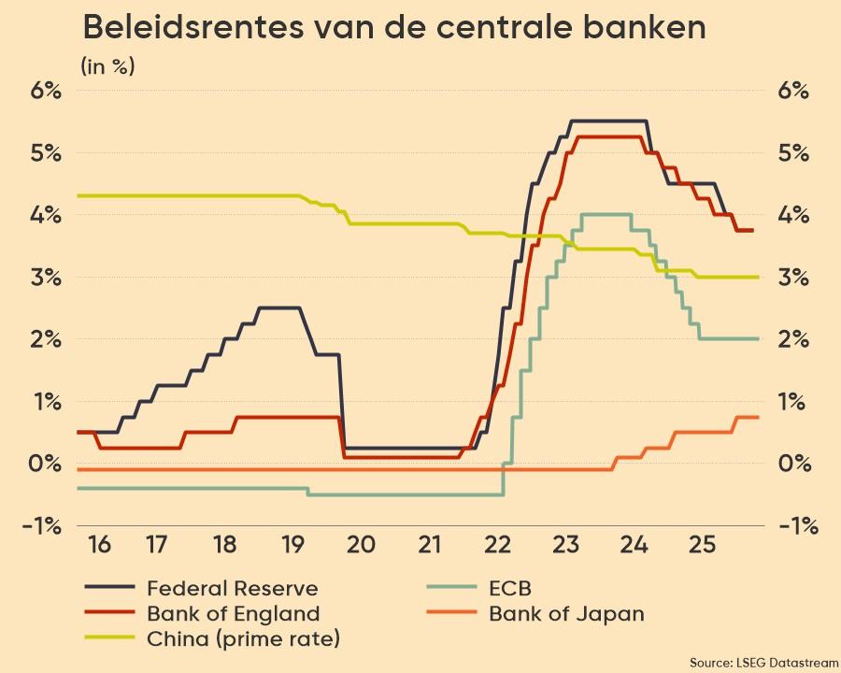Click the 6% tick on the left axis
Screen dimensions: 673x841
[45, 91]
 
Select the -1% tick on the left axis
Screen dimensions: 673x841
[43, 525]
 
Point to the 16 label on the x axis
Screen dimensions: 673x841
[100, 545]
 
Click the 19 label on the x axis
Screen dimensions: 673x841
[292, 545]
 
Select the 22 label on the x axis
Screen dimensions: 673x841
[498, 545]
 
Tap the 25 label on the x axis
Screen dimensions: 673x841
[703, 545]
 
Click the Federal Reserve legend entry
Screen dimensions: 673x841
[232, 588]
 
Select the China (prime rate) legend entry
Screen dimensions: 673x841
[243, 639]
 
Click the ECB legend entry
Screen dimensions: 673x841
[509, 588]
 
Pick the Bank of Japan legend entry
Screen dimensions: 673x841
[565, 614]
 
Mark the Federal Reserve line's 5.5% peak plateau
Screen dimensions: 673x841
[607, 121]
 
